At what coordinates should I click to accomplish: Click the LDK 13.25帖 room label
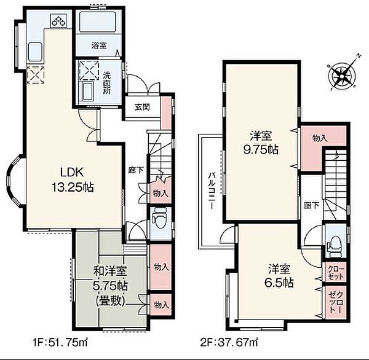73,180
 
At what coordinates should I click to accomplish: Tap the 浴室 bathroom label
99,45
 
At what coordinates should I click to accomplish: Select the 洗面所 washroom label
106,83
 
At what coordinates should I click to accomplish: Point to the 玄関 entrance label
142,108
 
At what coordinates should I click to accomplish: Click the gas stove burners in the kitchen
58,20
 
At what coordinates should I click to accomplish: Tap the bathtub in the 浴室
98,22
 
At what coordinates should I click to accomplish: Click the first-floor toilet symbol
159,219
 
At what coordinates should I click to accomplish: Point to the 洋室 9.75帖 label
261,143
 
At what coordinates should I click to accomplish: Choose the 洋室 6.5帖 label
279,276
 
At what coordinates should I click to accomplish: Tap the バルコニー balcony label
212,190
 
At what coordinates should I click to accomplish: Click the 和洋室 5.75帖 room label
110,286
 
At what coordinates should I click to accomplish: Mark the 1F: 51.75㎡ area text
60,342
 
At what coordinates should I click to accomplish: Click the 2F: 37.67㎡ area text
229,342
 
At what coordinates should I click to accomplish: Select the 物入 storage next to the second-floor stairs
320,138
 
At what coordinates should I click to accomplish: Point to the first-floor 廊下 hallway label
136,170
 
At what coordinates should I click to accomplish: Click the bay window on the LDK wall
15,181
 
